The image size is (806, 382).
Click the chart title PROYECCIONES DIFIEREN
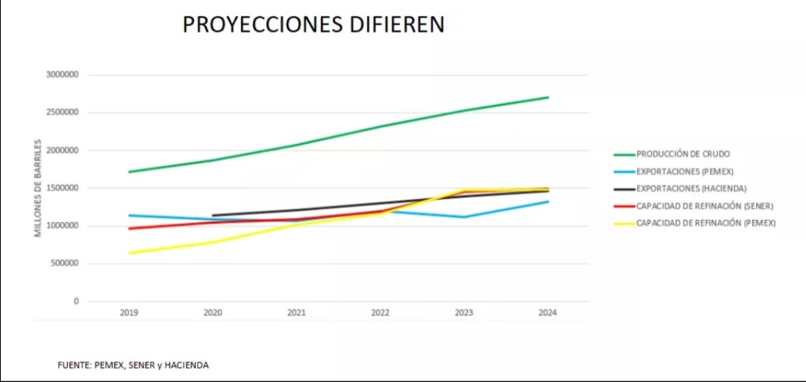tap(313, 25)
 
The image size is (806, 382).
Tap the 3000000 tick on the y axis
tap(62, 75)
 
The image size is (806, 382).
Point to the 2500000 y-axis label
tap(62, 113)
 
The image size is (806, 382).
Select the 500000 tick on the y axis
tap(65, 263)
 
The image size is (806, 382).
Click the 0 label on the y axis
tap(76, 301)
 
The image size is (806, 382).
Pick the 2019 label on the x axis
tap(129, 313)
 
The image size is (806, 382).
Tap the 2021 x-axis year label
tap(296, 313)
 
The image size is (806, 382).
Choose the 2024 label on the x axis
tap(548, 313)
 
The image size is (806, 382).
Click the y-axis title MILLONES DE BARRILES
tap(38, 188)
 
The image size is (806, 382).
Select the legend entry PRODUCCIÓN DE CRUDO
tap(683, 154)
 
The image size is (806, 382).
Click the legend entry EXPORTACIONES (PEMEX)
tap(684, 172)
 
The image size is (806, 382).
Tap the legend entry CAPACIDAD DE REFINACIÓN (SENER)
tap(705, 206)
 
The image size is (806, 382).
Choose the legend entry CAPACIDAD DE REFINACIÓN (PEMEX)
tap(706, 223)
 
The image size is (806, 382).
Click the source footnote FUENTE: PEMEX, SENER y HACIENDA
tap(133, 365)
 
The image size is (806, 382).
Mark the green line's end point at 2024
tap(549, 97)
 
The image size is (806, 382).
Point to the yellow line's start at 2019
tap(129, 253)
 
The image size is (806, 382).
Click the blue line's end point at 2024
tap(549, 201)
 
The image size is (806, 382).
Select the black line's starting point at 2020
tap(213, 216)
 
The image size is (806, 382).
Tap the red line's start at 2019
tap(129, 228)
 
